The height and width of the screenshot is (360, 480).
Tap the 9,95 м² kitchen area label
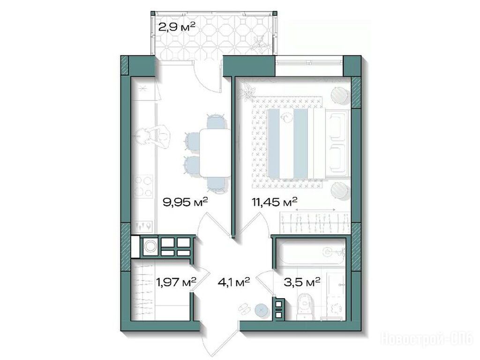pyautogui.click(x=186, y=202)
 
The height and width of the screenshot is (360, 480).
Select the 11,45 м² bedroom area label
pyautogui.click(x=275, y=202)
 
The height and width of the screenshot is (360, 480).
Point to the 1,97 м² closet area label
pyautogui.click(x=176, y=281)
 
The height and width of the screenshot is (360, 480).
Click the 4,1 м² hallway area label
pyautogui.click(x=234, y=282)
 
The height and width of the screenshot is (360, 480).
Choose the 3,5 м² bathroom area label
pyautogui.click(x=302, y=281)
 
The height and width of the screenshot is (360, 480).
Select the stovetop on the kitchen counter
pyautogui.click(x=143, y=186)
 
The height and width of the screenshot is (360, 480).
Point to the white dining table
pyautogui.click(x=215, y=152)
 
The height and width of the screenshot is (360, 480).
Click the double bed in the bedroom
pyautogui.click(x=308, y=143)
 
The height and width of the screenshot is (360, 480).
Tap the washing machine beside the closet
pyautogui.click(x=150, y=247)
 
